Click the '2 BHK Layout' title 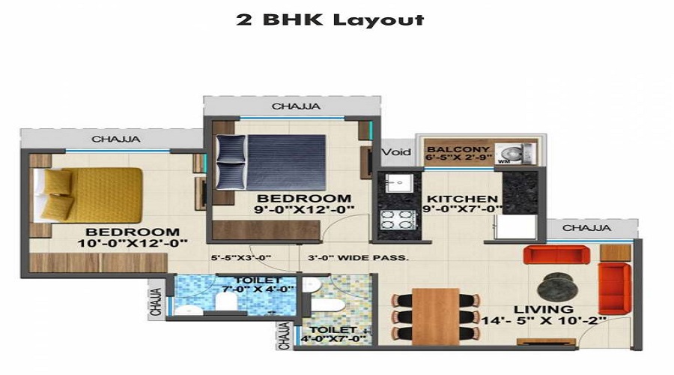(330, 19)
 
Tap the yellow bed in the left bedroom (88, 195)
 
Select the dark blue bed (271, 162)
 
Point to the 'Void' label (396, 152)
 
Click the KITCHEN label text (462, 199)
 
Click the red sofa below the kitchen (556, 254)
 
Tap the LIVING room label (544, 309)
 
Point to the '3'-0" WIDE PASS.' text (358, 258)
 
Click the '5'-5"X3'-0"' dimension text (240, 258)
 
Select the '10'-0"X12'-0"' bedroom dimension (133, 243)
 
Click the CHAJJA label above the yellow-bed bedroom (115, 139)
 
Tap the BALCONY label (458, 149)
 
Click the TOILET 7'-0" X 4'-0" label (258, 284)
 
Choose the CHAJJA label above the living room (586, 228)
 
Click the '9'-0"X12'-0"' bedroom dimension (304, 210)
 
